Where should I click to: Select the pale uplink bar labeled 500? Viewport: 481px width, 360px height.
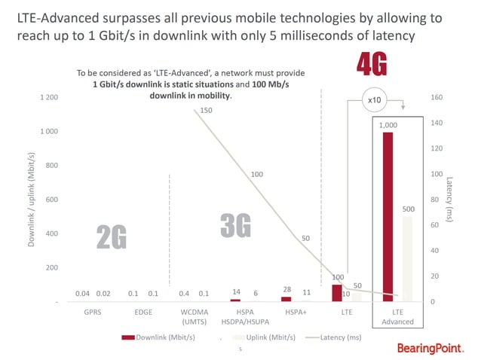coord(407,259)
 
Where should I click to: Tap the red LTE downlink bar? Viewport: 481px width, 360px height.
coord(336,293)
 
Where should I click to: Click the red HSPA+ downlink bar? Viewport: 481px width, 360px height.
coord(286,299)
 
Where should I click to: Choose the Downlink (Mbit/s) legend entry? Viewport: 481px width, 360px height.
coord(168,336)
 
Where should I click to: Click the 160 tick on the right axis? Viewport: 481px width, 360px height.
coord(436,97)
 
